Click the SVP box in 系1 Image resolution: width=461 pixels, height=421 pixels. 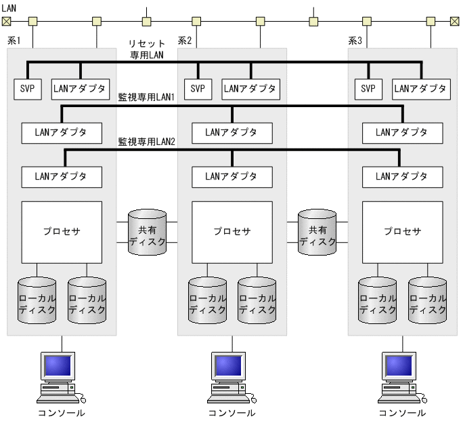(27, 88)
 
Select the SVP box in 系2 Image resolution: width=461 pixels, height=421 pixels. (198, 88)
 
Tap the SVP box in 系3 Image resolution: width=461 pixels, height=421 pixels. (368, 88)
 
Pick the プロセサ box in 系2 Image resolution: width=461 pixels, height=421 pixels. (232, 231)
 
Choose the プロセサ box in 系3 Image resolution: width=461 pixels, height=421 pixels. (403, 231)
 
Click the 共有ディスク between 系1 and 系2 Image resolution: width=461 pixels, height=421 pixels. (147, 232)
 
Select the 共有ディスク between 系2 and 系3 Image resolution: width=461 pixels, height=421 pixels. (317, 232)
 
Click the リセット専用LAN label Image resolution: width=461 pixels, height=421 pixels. (147, 48)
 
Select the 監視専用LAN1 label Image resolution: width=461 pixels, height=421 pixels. (147, 98)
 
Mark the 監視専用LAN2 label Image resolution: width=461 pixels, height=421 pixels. (147, 142)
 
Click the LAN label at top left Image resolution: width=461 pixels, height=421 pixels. (9, 5)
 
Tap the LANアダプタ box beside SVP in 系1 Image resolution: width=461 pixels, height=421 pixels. (79, 88)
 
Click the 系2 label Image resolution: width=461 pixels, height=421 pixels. (185, 41)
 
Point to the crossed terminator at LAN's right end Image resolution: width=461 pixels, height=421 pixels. (454, 22)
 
